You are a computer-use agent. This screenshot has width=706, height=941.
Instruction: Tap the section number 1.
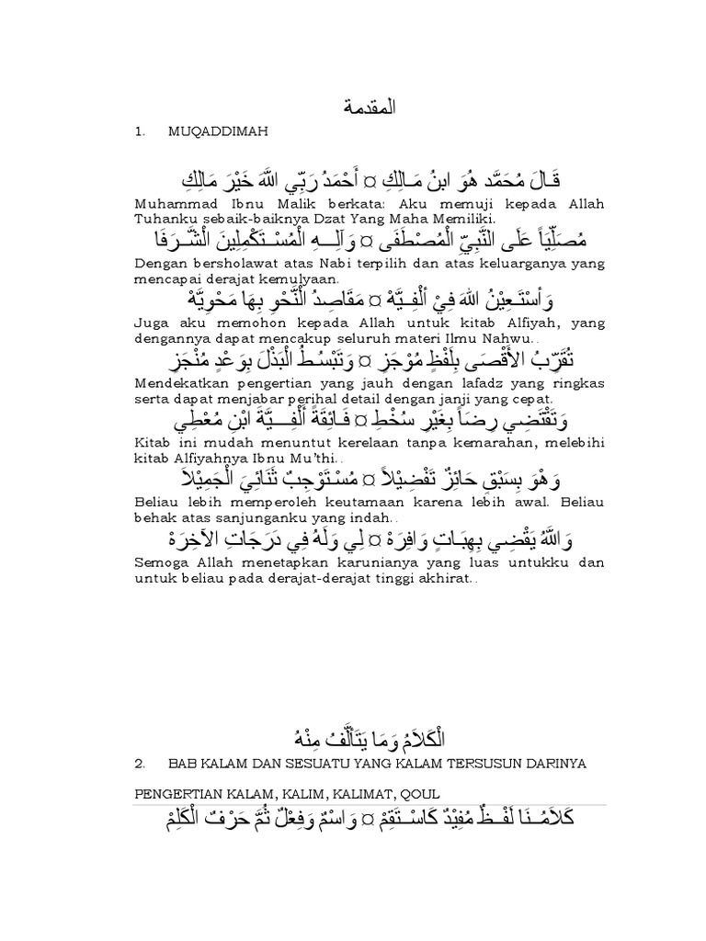139,132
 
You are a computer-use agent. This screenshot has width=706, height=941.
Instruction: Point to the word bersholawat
233,265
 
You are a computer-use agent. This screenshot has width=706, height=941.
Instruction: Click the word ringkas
553,383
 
